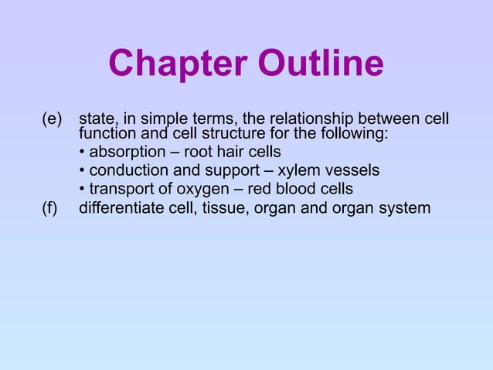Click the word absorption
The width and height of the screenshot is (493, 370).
tap(127, 152)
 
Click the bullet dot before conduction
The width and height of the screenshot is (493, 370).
tap(82, 170)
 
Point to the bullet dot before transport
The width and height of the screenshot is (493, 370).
tap(82, 189)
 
